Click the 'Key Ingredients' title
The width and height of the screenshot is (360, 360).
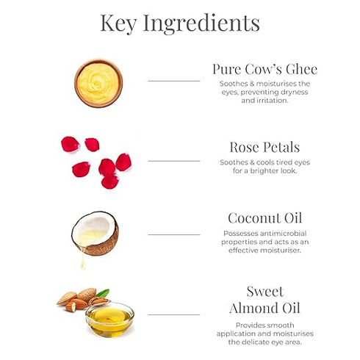[180, 24]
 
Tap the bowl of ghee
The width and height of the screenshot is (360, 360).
[98, 84]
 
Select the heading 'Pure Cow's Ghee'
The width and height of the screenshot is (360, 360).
[264, 69]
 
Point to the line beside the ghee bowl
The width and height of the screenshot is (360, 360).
[174, 81]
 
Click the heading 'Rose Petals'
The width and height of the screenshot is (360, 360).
[264, 147]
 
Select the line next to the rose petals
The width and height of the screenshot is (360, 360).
[174, 161]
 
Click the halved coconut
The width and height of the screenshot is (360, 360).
[96, 234]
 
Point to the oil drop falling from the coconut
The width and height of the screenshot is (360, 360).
[82, 262]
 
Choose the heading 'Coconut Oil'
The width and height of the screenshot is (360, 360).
[264, 218]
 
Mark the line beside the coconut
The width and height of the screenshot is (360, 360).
[174, 234]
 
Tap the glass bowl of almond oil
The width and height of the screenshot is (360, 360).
[109, 320]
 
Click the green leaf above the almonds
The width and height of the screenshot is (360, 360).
[103, 293]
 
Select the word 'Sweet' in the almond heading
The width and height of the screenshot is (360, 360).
[264, 292]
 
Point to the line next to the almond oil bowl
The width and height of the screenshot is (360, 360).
[174, 314]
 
